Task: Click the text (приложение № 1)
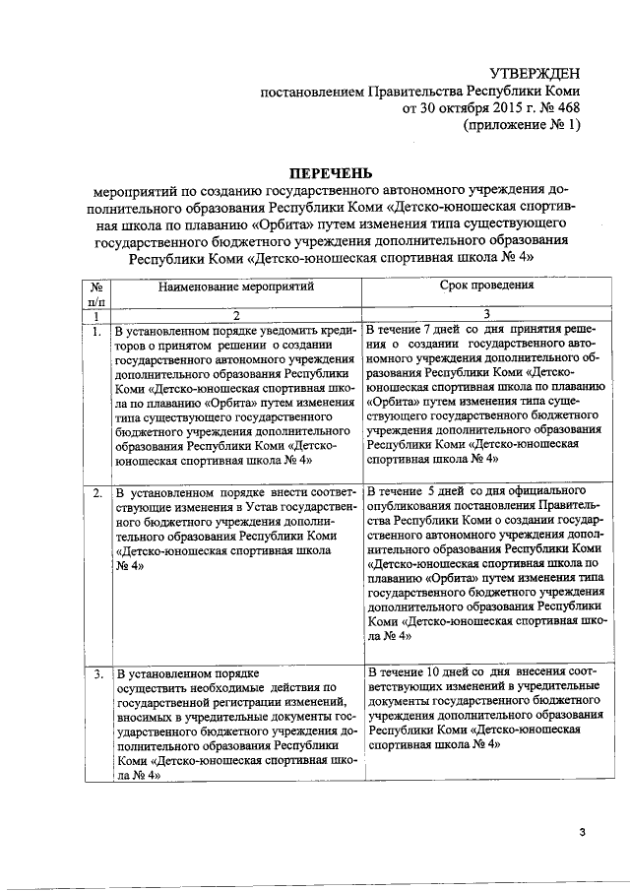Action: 522,126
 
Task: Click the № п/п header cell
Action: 96,292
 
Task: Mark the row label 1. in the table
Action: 96,332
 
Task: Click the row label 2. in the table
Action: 96,491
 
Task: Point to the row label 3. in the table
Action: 96,675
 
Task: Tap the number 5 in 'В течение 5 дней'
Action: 432,489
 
